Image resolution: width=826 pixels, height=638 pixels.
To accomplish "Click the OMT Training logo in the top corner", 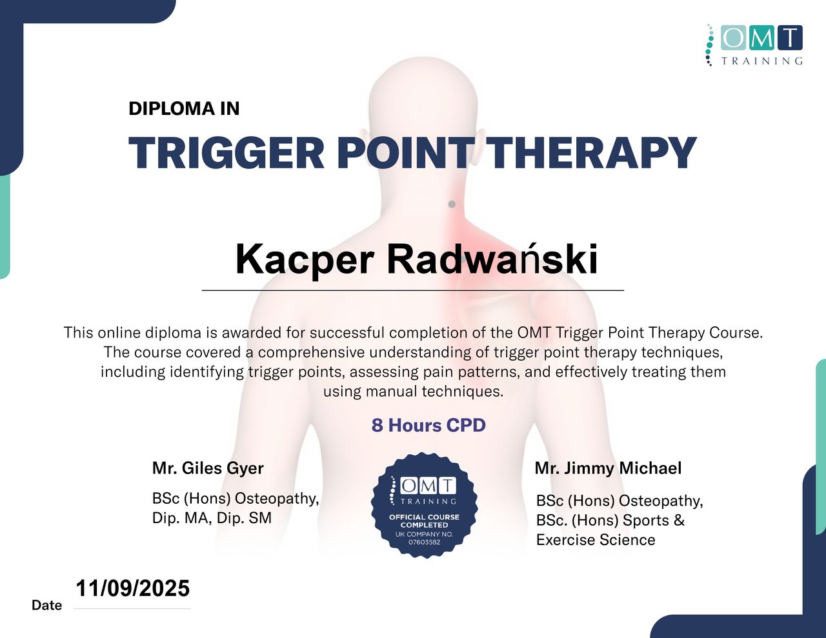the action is tap(754, 45).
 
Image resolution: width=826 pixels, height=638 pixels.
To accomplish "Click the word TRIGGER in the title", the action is tap(226, 153).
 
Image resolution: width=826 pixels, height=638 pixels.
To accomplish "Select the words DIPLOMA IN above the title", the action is tap(184, 108).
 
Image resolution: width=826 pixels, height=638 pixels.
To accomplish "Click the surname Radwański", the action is tap(492, 259).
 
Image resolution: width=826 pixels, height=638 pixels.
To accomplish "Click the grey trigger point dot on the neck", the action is tap(452, 204).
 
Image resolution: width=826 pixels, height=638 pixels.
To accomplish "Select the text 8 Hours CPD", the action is tap(428, 425).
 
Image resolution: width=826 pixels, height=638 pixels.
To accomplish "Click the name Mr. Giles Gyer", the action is tap(208, 468).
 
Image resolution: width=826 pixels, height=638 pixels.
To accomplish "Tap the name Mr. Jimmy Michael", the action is tap(608, 468).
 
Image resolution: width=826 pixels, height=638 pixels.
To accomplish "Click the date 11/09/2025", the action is tap(133, 588).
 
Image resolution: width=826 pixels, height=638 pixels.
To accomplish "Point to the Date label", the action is tap(46, 605).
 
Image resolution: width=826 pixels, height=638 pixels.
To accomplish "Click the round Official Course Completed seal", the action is tap(424, 505).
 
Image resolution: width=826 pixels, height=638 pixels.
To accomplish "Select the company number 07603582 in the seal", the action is tap(424, 543).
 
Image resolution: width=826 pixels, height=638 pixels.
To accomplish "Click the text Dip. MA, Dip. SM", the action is tap(212, 518).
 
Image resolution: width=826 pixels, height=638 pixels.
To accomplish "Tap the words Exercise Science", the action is tap(596, 540).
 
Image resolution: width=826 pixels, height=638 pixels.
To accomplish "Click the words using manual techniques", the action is tap(413, 391).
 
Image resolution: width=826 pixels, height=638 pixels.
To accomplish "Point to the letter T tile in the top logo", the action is tap(790, 37).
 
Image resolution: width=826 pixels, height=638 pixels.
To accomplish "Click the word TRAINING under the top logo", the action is tap(762, 61).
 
